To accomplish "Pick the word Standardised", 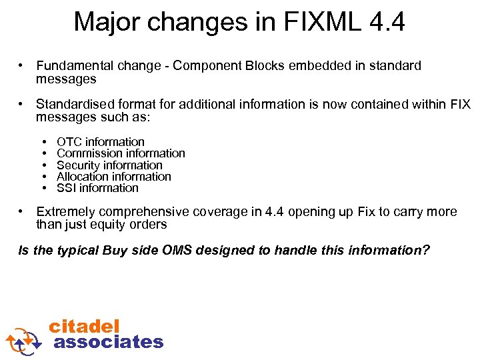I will pos(74,105).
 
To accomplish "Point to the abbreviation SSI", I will pos(67,188).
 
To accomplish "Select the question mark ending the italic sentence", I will pos(427,251).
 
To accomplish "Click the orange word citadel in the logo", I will pos(84,327).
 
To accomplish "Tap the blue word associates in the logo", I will pos(108,342).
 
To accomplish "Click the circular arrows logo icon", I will pos(25,340).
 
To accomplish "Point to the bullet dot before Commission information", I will pos(43,153).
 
